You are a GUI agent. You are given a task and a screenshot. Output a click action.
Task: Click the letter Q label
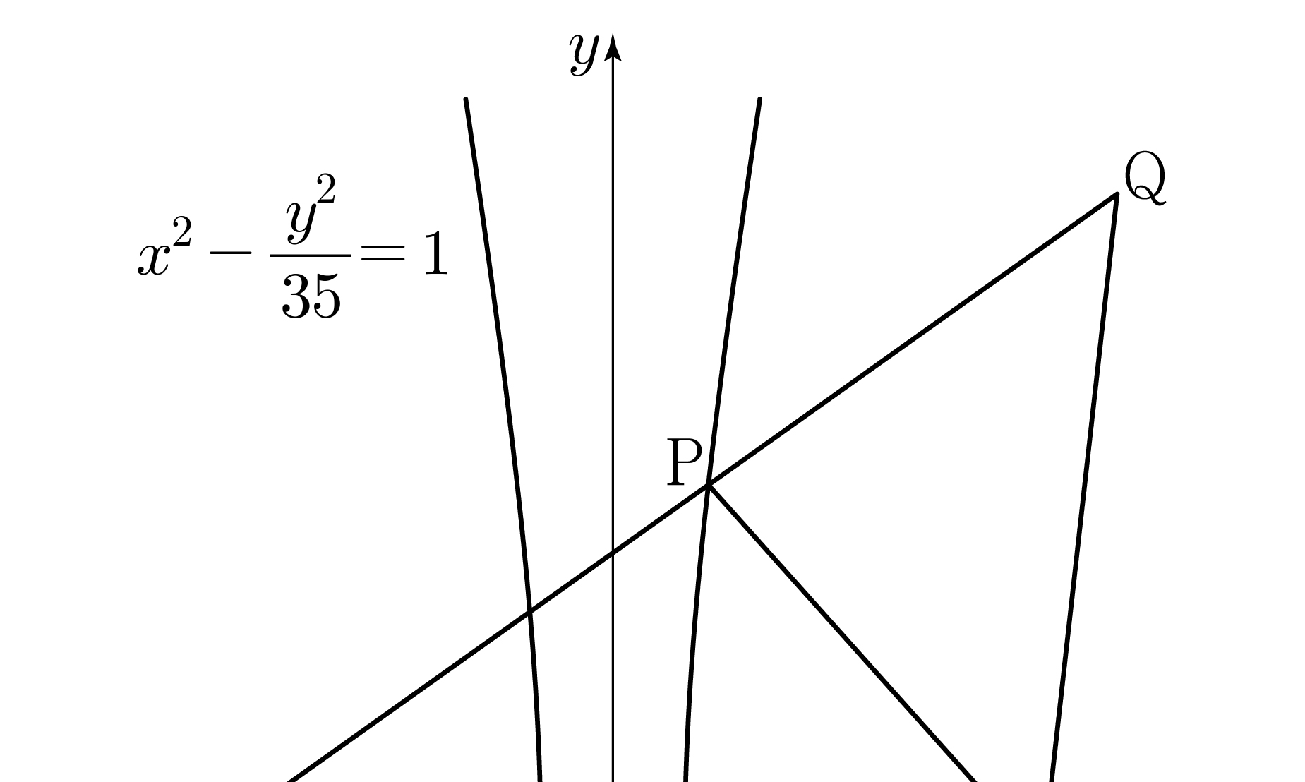(1144, 179)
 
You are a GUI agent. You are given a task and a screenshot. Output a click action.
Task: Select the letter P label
(684, 463)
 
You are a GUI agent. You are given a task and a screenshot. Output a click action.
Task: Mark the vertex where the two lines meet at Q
(1117, 194)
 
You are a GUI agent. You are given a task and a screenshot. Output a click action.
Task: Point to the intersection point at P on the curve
(709, 485)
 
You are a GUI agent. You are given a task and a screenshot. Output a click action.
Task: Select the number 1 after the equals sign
(435, 255)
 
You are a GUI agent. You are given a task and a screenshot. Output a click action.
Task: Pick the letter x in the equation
(152, 260)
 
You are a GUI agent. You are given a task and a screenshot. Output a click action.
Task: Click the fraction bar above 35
(311, 255)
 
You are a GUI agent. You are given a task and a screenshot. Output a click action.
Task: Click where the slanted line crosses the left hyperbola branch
(529, 611)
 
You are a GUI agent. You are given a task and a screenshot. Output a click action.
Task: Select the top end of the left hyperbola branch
(466, 100)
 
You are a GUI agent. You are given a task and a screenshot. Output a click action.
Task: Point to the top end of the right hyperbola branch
(759, 100)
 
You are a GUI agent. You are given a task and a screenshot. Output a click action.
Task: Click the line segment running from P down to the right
(840, 632)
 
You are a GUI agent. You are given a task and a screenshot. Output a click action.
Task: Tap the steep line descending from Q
(1084, 487)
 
